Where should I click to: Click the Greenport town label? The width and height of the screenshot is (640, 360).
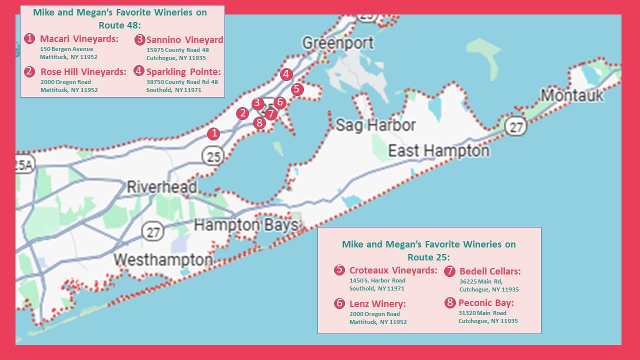[x=338, y=43]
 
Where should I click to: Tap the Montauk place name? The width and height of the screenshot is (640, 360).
[x=572, y=95]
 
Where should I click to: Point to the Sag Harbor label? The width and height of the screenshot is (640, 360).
[x=375, y=125]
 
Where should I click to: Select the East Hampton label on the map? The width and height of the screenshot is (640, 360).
[x=439, y=150]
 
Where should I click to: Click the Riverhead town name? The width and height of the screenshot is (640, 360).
[x=161, y=187]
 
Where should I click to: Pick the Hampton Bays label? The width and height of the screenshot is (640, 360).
[x=246, y=225]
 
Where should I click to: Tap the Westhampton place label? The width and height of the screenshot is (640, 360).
[x=163, y=260]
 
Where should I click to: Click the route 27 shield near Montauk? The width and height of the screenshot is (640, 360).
[x=515, y=127]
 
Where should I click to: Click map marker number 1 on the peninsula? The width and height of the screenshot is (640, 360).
[x=213, y=133]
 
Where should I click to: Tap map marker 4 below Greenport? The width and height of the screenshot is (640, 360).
[x=286, y=74]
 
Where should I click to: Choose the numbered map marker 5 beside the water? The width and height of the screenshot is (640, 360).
[x=297, y=89]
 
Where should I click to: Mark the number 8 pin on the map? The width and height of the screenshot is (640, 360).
[x=259, y=122]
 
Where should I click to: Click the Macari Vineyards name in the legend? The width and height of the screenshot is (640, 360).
[x=79, y=39]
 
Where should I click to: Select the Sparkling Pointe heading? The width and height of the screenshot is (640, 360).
[x=183, y=71]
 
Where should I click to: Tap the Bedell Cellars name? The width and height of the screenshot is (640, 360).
[x=490, y=271]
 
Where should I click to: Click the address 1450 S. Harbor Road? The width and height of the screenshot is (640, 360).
[x=377, y=280]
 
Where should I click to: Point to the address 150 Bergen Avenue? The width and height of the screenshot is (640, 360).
[x=66, y=49]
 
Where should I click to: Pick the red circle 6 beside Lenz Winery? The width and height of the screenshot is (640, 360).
[x=339, y=303]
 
